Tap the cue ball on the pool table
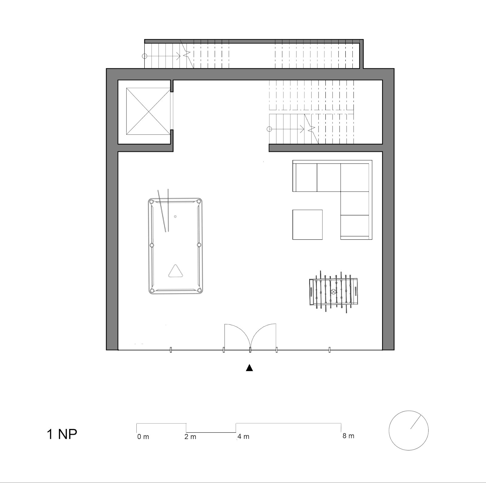point(175,216)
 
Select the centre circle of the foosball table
point(333,292)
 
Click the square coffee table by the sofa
point(307,225)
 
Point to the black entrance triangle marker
point(249,368)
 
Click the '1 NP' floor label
point(62,434)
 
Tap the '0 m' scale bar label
point(143,437)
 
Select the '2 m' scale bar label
point(190,437)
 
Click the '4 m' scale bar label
point(243,437)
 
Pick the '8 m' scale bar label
point(348,436)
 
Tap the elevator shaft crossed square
point(148,111)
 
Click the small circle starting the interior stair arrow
point(269,129)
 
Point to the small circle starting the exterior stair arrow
point(145,56)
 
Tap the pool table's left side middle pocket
point(152,245)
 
